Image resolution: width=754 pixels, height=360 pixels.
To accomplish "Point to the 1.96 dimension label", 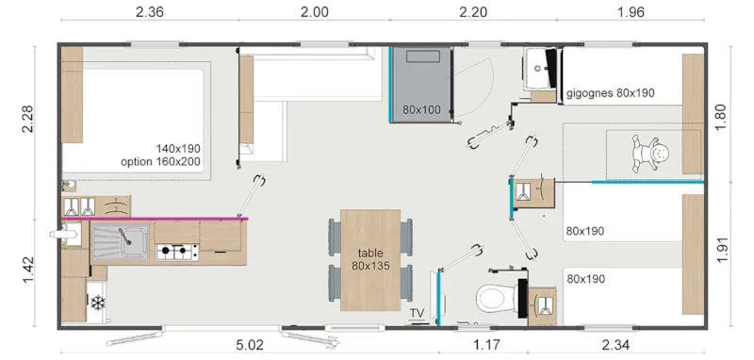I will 632,12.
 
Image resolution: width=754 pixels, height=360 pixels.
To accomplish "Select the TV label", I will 417,313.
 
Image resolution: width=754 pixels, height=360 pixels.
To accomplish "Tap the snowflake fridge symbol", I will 97,303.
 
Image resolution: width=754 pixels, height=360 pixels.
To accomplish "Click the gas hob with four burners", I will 177,251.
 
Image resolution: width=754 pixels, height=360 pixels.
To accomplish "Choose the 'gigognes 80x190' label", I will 611,93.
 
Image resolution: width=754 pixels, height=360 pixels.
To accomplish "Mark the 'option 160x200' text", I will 166,161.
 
